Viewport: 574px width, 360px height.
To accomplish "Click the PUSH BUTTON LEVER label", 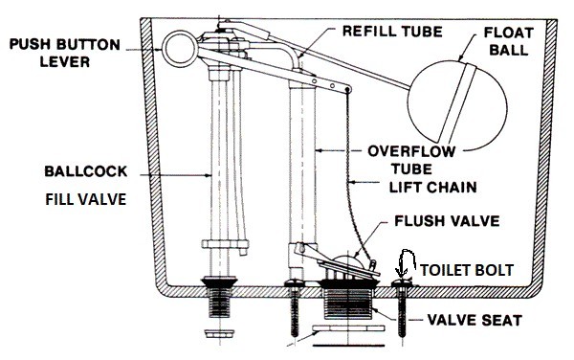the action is [x=65, y=53].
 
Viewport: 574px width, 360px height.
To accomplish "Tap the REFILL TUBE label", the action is [x=392, y=32].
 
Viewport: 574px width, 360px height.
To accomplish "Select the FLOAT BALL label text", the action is [x=509, y=41].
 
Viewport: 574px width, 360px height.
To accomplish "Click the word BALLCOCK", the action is [x=86, y=171].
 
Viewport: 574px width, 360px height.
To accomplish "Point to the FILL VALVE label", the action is [x=86, y=199].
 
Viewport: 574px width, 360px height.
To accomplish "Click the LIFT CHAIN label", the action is [x=432, y=188].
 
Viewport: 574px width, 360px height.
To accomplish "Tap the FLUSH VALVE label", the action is [x=447, y=221].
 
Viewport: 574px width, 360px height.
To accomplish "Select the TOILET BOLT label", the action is [x=467, y=270].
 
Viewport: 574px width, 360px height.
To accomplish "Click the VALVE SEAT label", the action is [x=475, y=321].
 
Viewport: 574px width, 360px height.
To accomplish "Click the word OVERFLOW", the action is [x=411, y=151].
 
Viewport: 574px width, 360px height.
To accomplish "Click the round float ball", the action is [x=457, y=102].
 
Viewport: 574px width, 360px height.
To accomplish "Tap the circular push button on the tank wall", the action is [x=180, y=49].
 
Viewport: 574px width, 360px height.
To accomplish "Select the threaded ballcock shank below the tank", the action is [x=219, y=303].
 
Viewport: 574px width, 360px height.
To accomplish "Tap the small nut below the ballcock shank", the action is [x=219, y=334].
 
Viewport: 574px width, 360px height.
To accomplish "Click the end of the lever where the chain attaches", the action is [x=347, y=89].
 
